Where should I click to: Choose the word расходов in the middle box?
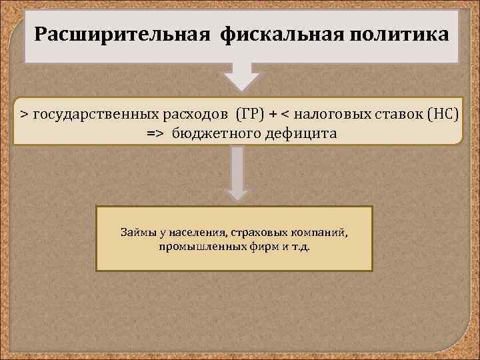coord(196,114)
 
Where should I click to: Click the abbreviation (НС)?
coord(442,114)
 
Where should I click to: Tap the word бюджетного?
coord(211,133)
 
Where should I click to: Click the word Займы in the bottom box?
coord(135,233)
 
